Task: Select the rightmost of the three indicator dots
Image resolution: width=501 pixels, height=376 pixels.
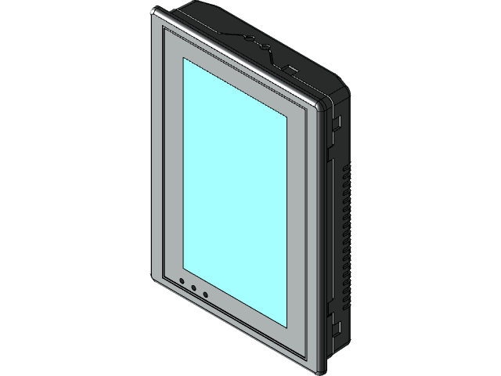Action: point(205,295)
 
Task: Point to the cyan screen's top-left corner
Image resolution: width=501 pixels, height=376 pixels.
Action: point(183,57)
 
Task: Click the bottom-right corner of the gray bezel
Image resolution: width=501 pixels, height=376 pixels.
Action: point(317,368)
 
